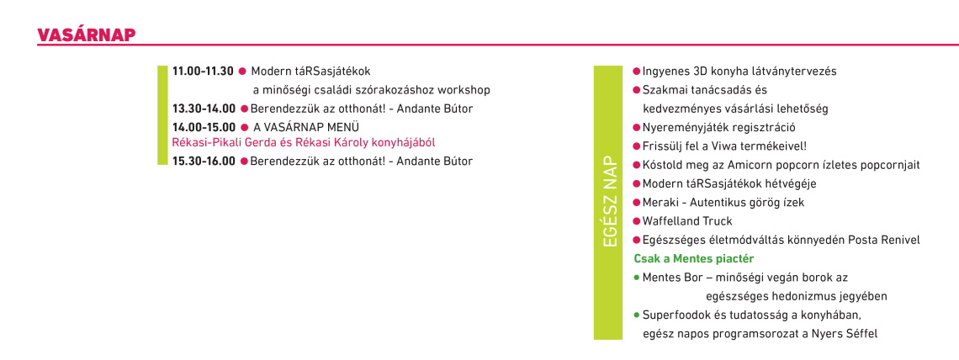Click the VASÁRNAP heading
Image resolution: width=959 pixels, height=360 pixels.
click(x=87, y=34)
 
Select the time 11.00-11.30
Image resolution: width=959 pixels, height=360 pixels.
click(x=203, y=71)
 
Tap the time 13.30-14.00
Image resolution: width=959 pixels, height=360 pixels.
click(x=204, y=109)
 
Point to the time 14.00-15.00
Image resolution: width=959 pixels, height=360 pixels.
click(x=204, y=127)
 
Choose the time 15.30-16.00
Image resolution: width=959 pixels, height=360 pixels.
click(x=204, y=161)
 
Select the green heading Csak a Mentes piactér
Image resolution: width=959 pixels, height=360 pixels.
click(x=693, y=258)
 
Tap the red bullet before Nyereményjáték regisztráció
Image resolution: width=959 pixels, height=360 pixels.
click(x=637, y=128)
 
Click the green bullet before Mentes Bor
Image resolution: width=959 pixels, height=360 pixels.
click(x=637, y=278)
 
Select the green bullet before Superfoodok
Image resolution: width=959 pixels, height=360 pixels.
click(x=637, y=315)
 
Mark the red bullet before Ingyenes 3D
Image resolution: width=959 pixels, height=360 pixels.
click(x=637, y=71)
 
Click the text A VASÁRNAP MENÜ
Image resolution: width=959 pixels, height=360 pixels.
click(x=306, y=127)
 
